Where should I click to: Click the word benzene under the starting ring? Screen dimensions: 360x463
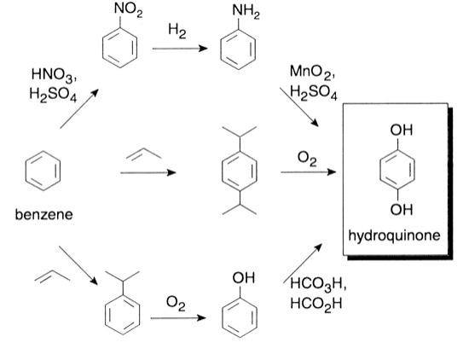click(x=43, y=217)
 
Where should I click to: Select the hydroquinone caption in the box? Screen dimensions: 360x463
click(x=394, y=234)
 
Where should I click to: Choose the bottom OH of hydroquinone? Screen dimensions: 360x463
click(x=394, y=211)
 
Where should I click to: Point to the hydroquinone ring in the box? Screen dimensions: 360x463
click(x=393, y=171)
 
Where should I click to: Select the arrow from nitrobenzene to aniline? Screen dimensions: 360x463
click(x=180, y=49)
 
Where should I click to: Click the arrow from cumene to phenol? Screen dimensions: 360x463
click(x=177, y=319)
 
